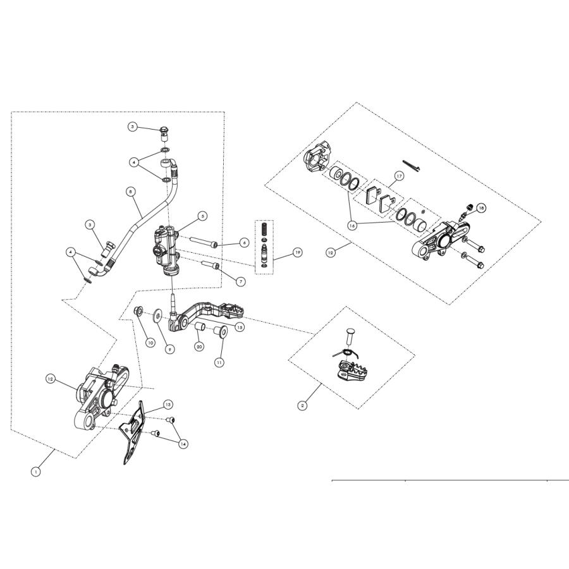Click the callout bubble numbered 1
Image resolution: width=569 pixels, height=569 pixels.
coord(36,472)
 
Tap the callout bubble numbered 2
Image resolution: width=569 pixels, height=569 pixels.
coord(303,405)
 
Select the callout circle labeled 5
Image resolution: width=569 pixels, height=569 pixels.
coord(202,216)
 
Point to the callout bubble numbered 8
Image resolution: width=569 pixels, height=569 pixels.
coord(132,190)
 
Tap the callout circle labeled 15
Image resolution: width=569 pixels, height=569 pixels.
coord(240,327)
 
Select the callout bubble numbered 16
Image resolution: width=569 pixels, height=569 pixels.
coord(352,225)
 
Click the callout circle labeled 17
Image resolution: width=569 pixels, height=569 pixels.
coord(399,176)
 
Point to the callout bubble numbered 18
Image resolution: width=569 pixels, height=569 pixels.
coord(481,208)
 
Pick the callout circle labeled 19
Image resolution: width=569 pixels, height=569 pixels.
coord(297,252)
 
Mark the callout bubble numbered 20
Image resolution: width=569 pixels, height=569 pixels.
coord(199,346)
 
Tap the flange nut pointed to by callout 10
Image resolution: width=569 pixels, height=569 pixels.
coord(138,310)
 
